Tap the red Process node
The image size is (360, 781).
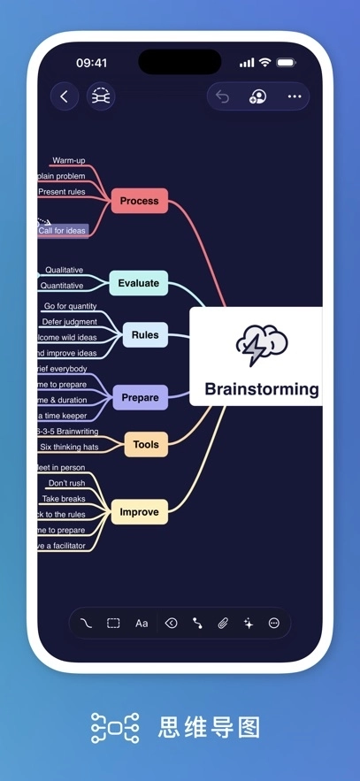(139, 201)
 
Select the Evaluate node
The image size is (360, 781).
(138, 283)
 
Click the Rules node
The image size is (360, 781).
(145, 335)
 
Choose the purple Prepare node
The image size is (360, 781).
(140, 397)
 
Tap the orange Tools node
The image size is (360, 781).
(145, 444)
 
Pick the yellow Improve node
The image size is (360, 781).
(139, 512)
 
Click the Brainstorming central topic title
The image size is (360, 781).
(261, 389)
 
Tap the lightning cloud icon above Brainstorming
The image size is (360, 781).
(261, 346)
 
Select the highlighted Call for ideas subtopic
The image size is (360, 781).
(62, 231)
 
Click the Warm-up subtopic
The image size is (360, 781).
(68, 161)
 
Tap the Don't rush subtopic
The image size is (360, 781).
(66, 483)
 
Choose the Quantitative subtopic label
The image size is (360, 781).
(61, 286)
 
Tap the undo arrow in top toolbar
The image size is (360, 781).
(223, 96)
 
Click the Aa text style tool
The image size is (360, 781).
(142, 624)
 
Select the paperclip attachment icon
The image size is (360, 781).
(223, 624)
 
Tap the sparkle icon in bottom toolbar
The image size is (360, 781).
(249, 624)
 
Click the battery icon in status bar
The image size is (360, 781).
(286, 63)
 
